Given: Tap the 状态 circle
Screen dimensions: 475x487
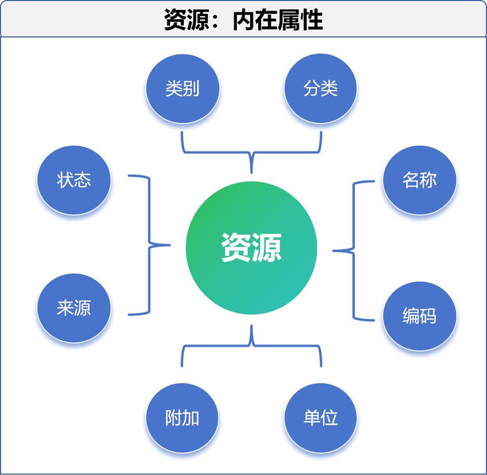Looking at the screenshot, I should (73, 179).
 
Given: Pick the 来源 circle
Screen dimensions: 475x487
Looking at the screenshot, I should (73, 308).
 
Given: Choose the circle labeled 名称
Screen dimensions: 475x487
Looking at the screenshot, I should (420, 179).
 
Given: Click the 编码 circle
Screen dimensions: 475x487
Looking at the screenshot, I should (420, 316).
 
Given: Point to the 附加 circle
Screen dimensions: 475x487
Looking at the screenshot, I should (182, 417).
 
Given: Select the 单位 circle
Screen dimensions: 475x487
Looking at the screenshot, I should (321, 417).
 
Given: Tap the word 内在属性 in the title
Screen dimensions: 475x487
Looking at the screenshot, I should (278, 21).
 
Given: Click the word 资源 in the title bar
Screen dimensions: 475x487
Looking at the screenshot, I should (186, 21).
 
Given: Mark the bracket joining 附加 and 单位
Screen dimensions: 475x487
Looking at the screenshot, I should (251, 345).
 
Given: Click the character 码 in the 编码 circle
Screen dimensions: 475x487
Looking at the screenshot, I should (428, 316).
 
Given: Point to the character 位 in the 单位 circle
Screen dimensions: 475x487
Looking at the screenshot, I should (330, 417).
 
